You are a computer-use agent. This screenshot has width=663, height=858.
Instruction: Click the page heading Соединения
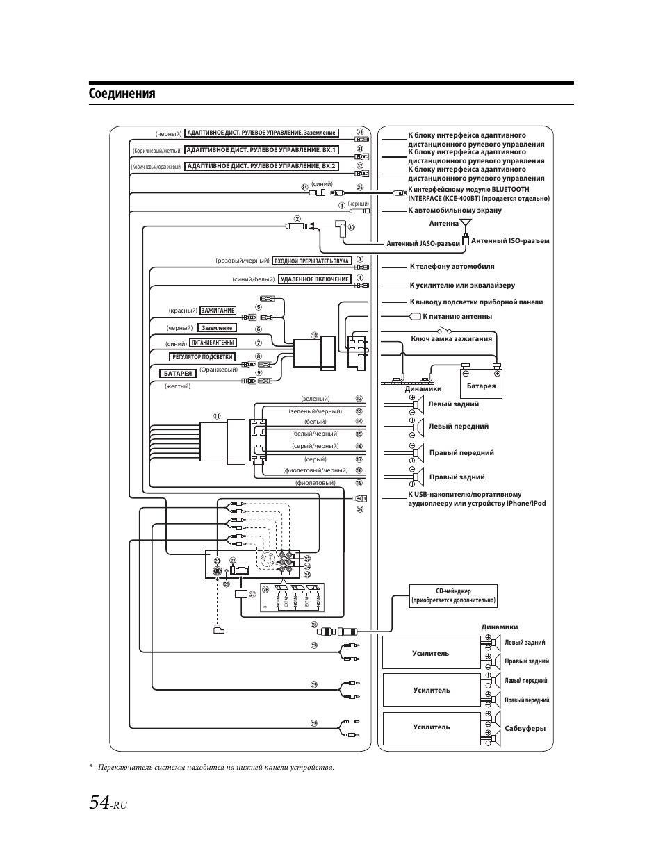(x=122, y=94)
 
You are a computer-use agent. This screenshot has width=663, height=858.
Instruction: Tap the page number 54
(x=99, y=802)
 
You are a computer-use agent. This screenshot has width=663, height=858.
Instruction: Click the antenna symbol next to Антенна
(x=466, y=224)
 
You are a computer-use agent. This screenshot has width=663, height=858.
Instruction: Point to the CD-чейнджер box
(x=453, y=595)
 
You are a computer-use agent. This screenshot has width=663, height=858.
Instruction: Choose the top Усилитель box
(x=431, y=653)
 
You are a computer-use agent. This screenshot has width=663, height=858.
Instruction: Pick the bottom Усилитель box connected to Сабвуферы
(x=431, y=727)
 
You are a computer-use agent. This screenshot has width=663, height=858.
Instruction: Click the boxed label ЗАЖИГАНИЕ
(x=218, y=311)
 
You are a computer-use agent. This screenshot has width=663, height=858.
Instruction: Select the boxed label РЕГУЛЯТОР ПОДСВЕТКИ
(x=202, y=357)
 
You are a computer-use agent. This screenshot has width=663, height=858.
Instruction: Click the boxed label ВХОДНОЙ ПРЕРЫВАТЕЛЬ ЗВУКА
(x=311, y=261)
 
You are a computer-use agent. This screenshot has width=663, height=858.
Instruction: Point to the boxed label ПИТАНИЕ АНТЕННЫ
(x=213, y=343)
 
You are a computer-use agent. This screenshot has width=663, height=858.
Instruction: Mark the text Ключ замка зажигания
(x=452, y=339)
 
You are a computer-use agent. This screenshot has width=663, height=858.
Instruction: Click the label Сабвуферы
(x=525, y=729)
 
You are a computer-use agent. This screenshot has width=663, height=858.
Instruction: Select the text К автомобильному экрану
(x=455, y=211)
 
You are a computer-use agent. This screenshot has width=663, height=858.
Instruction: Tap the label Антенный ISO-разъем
(x=510, y=241)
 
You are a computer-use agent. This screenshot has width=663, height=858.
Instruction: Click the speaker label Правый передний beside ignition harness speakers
(x=461, y=453)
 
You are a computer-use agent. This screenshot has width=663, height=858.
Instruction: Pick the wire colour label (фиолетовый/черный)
(x=305, y=470)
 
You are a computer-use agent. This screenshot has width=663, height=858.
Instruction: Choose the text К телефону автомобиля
(x=452, y=267)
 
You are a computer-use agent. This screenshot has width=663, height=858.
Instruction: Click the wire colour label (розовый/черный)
(x=243, y=261)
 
